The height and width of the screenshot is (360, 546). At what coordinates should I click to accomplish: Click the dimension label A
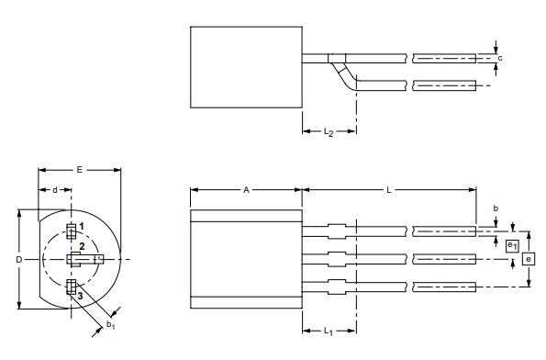pyautogui.click(x=246, y=190)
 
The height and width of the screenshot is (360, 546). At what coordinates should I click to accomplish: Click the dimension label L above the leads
pyautogui.click(x=389, y=190)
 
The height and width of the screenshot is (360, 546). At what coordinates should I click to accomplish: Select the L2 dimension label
pyautogui.click(x=328, y=132)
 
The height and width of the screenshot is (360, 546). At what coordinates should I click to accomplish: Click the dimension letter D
pyautogui.click(x=18, y=260)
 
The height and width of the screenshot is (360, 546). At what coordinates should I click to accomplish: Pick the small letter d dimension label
pyautogui.click(x=55, y=190)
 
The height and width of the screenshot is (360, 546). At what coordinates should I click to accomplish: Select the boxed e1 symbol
pyautogui.click(x=512, y=244)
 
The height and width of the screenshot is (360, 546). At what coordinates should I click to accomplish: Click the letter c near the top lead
pyautogui.click(x=500, y=58)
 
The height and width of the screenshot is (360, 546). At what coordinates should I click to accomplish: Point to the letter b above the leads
pyautogui.click(x=496, y=209)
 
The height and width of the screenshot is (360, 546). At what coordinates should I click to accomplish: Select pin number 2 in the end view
pyautogui.click(x=82, y=247)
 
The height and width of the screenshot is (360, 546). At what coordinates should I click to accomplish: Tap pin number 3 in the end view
pyautogui.click(x=80, y=295)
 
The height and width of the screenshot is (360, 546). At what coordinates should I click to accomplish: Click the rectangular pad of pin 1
pyautogui.click(x=72, y=230)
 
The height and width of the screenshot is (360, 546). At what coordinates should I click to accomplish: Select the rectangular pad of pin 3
pyautogui.click(x=72, y=288)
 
